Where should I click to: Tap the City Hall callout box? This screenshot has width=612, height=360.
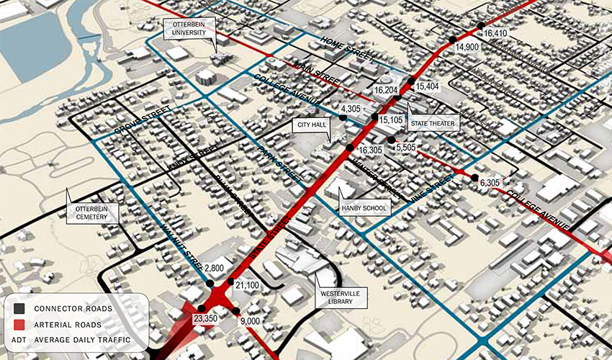pyautogui.click(x=311, y=125)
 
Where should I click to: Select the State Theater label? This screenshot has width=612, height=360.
pyautogui.click(x=433, y=124)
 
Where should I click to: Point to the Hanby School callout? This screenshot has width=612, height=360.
pyautogui.click(x=364, y=209)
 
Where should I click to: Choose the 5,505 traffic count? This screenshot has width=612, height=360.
pyautogui.click(x=406, y=147)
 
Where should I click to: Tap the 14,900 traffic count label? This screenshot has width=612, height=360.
pyautogui.click(x=467, y=47)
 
